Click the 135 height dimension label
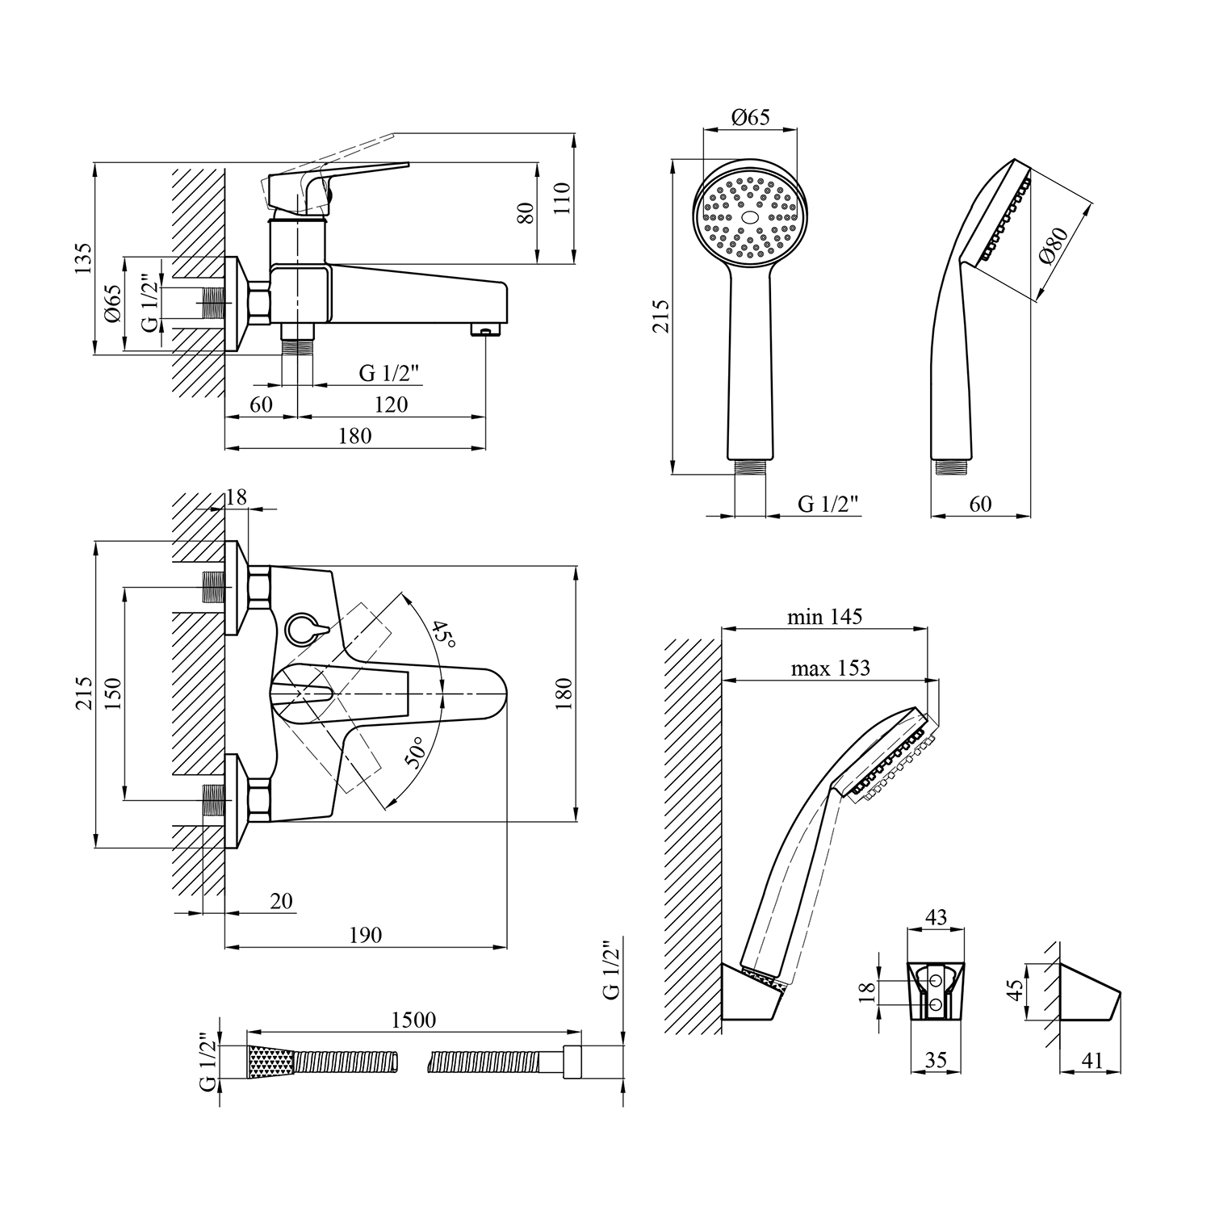point(83,258)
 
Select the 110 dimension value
point(562,198)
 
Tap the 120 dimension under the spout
point(392,404)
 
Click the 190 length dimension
point(366,935)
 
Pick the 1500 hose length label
point(413,1020)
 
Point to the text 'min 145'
point(824,618)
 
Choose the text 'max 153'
point(830,668)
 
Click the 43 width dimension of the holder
point(936,917)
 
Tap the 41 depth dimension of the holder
point(1092,1060)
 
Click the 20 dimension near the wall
point(281,900)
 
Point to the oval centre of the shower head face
point(750,217)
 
